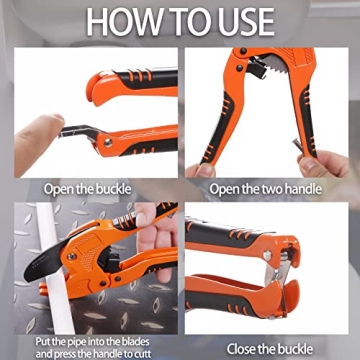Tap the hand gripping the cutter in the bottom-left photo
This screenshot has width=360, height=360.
click(x=150, y=230)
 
